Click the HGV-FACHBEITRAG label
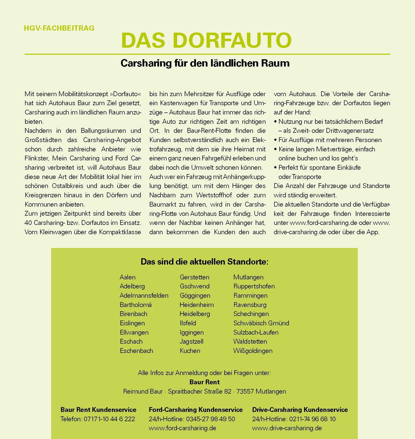pyautogui.click(x=59, y=28)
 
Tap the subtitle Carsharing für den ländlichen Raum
pyautogui.click(x=205, y=63)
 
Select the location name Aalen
pyautogui.click(x=127, y=277)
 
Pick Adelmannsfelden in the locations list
pyautogui.click(x=144, y=295)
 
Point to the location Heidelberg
pyautogui.click(x=195, y=314)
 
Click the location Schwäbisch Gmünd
pyautogui.click(x=261, y=323)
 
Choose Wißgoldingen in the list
pyautogui.click(x=253, y=351)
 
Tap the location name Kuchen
pyautogui.click(x=190, y=351)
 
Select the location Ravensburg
pyautogui.click(x=250, y=305)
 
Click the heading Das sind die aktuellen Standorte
pyautogui.click(x=204, y=262)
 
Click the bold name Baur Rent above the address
pyautogui.click(x=204, y=382)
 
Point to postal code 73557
pyautogui.click(x=245, y=391)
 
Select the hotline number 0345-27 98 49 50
pyautogui.click(x=210, y=419)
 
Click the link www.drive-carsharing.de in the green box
pyautogui.click(x=287, y=428)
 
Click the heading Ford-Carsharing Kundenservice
pyautogui.click(x=196, y=410)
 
